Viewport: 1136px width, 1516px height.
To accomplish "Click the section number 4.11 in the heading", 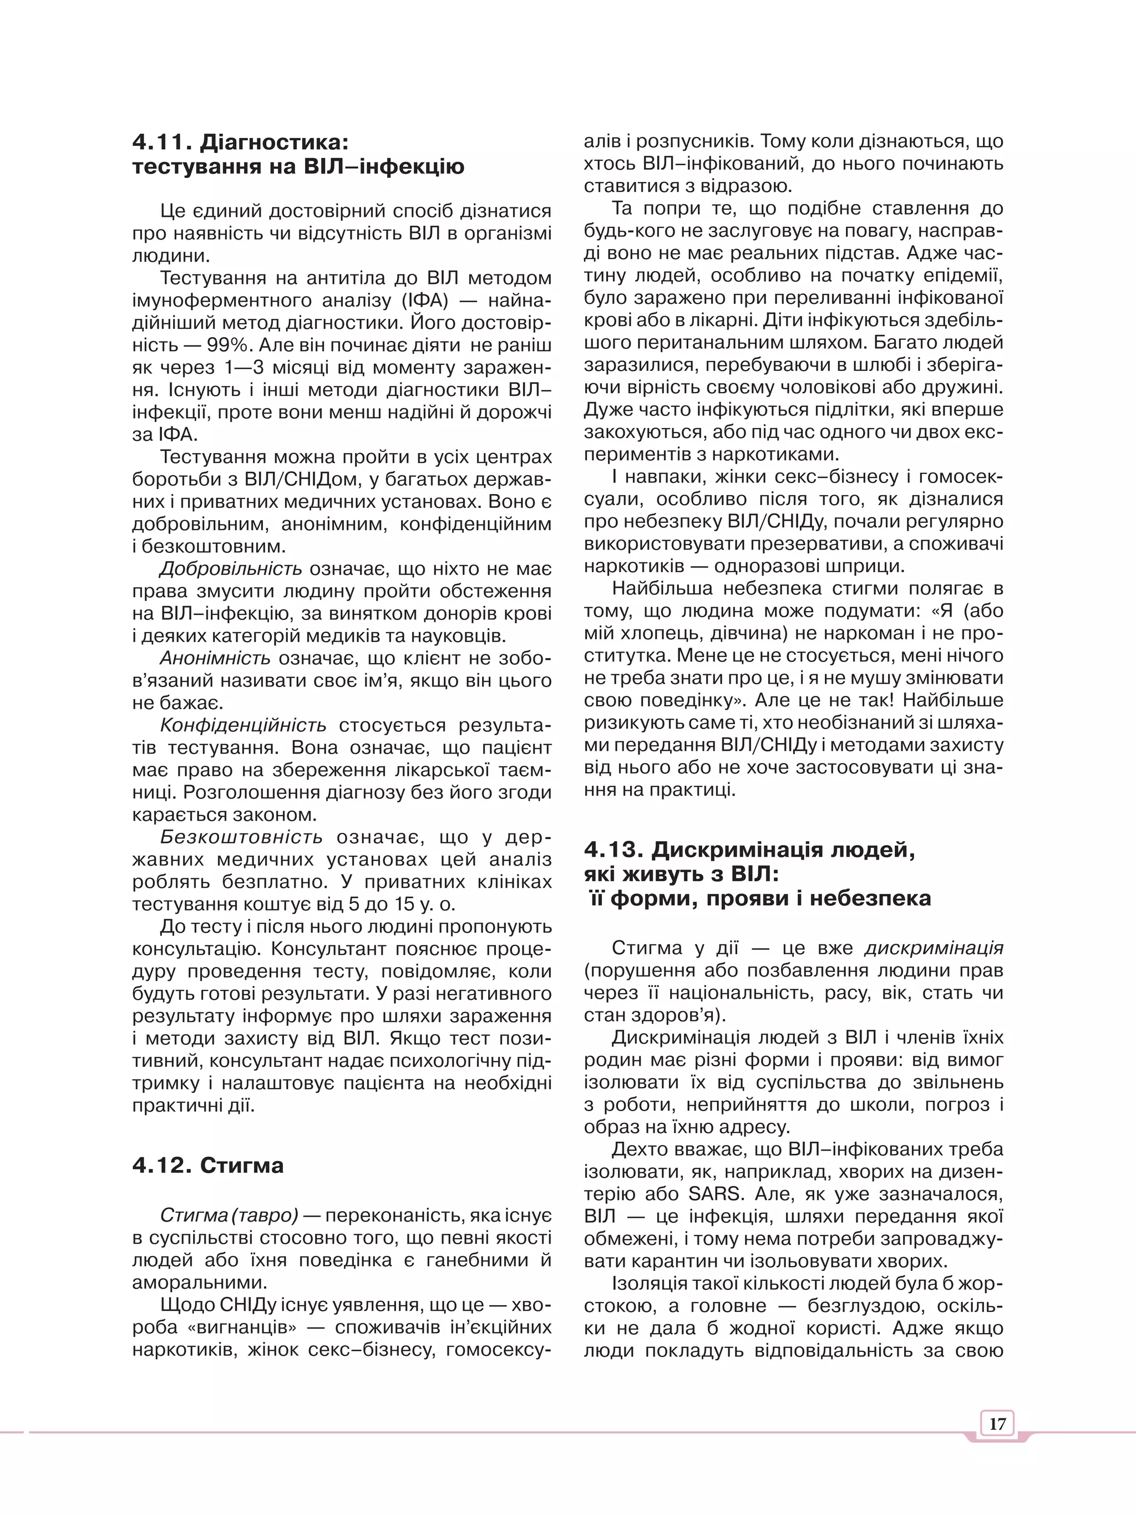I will click(x=160, y=143).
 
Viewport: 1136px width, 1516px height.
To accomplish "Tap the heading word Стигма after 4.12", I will click(x=241, y=1165).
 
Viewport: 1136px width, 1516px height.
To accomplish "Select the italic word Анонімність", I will click(x=215, y=659).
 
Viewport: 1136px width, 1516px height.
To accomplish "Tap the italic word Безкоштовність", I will click(x=241, y=837).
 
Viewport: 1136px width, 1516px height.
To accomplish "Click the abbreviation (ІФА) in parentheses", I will click(x=425, y=300).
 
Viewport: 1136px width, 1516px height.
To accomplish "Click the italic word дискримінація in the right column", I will click(x=934, y=948).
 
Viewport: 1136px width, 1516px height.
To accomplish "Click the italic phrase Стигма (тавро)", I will click(x=229, y=1215).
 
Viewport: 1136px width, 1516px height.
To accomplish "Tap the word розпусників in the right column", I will click(x=694, y=141).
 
